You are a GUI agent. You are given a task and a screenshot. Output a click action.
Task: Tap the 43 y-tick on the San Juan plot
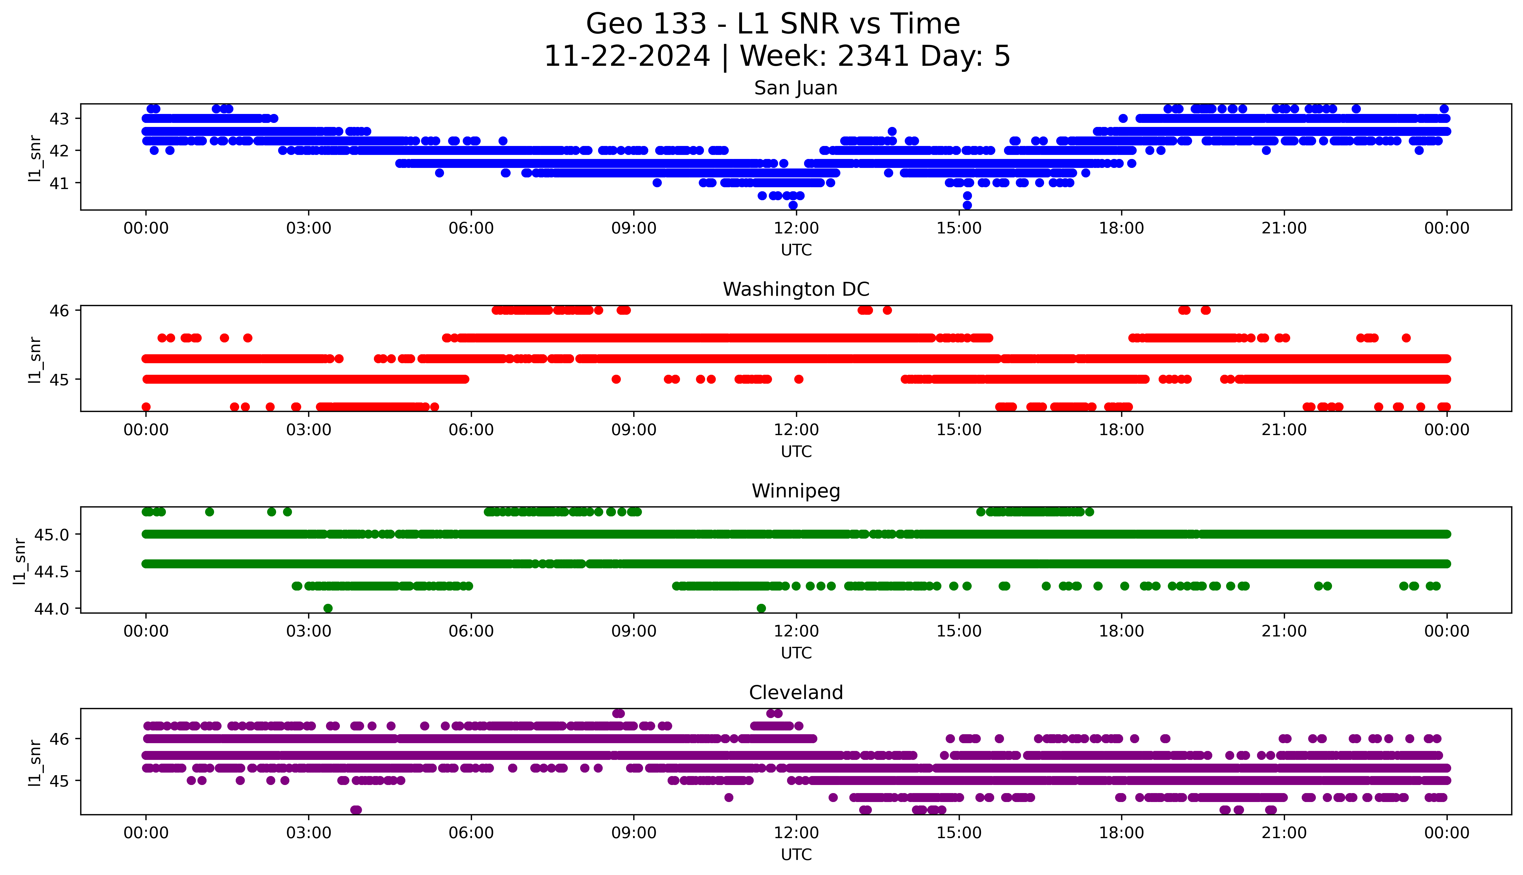[x=59, y=118]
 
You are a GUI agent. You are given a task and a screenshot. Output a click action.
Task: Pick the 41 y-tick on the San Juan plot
[x=59, y=183]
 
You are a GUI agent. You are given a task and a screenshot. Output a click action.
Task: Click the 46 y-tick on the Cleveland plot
[x=59, y=739]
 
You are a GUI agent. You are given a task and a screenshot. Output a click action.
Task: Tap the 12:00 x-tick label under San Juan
[x=796, y=228]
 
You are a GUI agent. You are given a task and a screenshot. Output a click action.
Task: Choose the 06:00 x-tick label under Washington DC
[x=471, y=430]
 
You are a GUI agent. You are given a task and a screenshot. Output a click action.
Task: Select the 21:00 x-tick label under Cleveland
[x=1284, y=833]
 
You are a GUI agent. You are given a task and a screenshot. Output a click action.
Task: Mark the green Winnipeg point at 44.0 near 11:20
[x=761, y=608]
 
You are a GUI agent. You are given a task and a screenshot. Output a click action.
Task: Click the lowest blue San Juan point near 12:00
[x=793, y=205]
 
